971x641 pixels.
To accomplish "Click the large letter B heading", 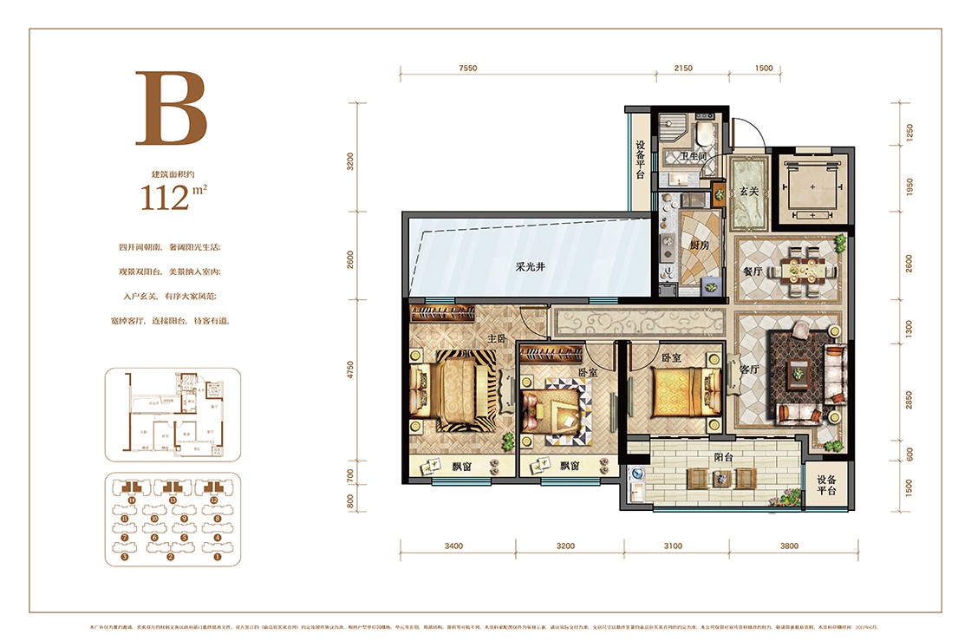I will pyautogui.click(x=171, y=108).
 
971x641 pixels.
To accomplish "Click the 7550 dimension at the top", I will pyautogui.click(x=468, y=68).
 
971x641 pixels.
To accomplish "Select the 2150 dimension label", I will pyautogui.click(x=683, y=68).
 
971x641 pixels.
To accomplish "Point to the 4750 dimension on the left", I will pyautogui.click(x=350, y=370).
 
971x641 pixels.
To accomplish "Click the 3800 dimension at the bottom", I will pyautogui.click(x=789, y=546).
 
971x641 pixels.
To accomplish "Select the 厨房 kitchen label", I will pyautogui.click(x=700, y=245).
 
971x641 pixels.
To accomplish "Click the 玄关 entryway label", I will pyautogui.click(x=748, y=192).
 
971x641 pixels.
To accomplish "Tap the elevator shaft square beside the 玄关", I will pyautogui.click(x=812, y=188).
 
